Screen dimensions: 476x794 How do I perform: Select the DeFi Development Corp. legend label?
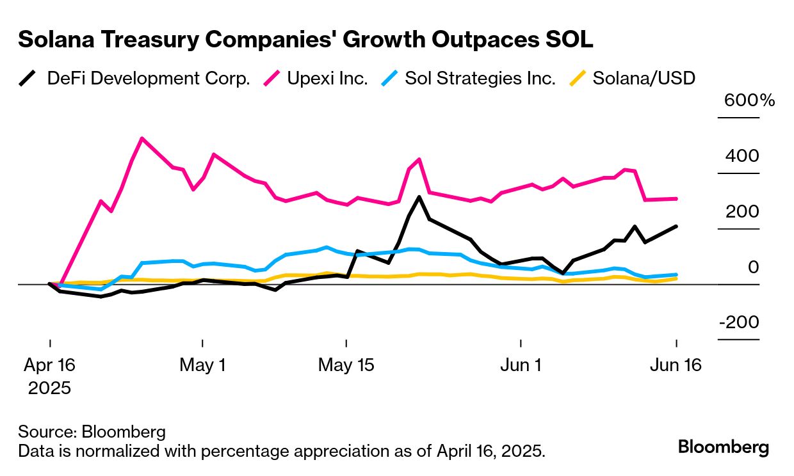149,79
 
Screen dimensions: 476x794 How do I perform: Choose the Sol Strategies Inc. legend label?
480,79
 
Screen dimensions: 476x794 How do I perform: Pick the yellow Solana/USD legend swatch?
578,79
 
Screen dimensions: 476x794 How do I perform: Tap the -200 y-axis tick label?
739,322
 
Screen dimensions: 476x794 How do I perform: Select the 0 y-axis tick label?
753,267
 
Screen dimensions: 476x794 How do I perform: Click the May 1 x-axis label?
202,365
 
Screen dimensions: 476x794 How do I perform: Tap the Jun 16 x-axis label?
676,365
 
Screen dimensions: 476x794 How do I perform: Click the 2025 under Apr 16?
49,388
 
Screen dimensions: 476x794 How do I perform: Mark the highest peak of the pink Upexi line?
142,138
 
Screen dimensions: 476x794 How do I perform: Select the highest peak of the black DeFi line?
419,197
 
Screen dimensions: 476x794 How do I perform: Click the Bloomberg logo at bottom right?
724,447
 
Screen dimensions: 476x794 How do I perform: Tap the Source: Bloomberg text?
92,431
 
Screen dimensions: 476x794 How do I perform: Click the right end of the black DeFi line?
676,226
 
